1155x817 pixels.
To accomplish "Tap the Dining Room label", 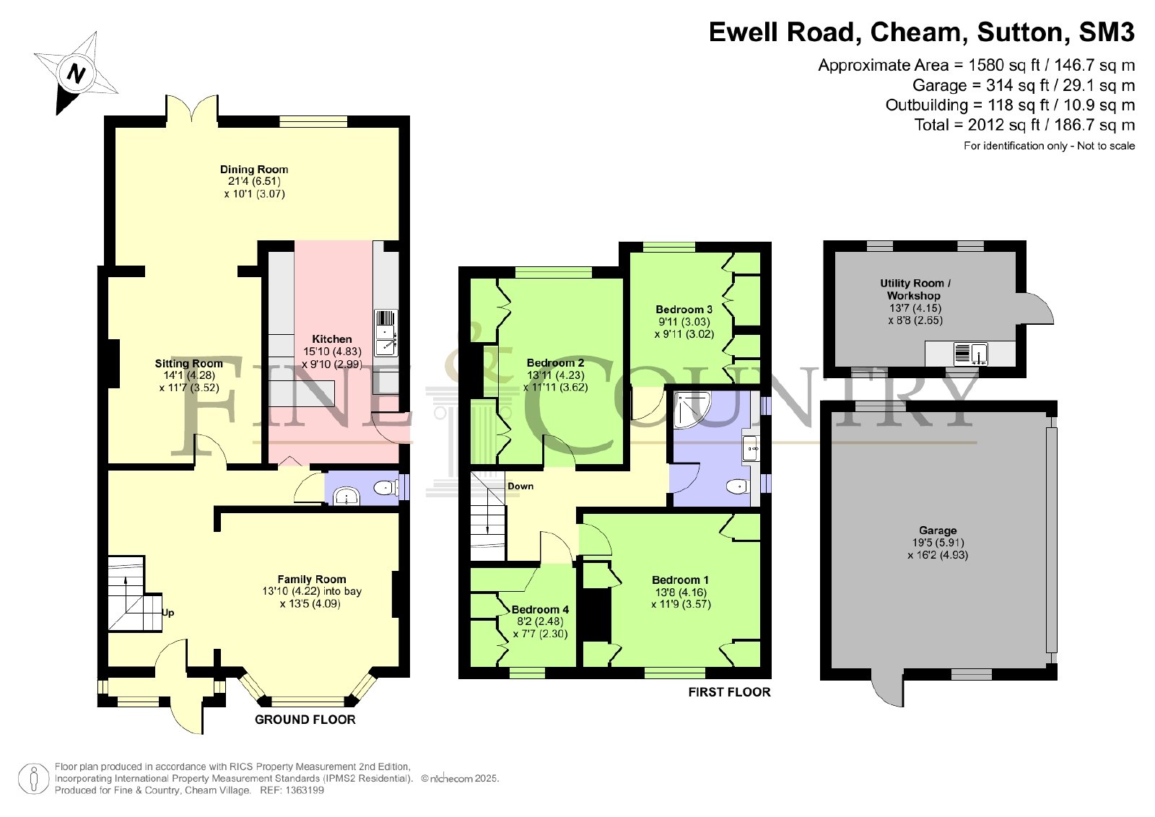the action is [x=254, y=170].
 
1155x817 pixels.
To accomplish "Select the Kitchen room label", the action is [x=332, y=339].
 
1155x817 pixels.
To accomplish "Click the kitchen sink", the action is [x=385, y=333].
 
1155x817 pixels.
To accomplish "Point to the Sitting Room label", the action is [x=188, y=364].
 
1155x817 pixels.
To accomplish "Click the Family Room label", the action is [x=311, y=580].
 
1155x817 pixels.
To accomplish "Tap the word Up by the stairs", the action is [x=168, y=613].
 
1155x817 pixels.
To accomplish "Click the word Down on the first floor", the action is [x=520, y=486].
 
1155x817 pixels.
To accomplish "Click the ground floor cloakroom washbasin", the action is [x=346, y=497].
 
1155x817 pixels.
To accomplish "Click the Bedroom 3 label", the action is [x=684, y=310].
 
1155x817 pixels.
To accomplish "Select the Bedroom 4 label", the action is [x=540, y=610].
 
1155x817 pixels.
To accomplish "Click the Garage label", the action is [x=938, y=530].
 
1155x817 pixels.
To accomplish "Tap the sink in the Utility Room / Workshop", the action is [x=970, y=354].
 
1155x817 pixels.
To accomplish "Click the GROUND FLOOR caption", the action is [x=305, y=720].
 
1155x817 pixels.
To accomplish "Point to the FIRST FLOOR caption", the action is [x=730, y=692].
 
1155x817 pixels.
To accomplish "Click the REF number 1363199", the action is [x=292, y=790].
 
